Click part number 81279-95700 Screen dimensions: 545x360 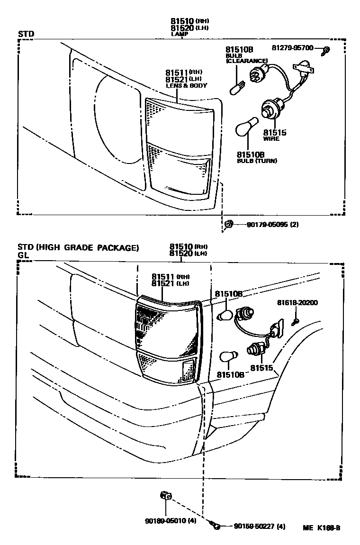292,48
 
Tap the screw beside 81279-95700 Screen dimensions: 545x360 326,50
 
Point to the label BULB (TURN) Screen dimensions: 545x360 257,161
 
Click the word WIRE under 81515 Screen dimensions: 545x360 271,139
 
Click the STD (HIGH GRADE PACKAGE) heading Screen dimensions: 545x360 78,247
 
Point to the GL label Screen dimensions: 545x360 24,255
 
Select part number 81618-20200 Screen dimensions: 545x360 297,303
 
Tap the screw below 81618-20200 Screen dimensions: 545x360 294,322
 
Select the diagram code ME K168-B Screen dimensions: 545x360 322,527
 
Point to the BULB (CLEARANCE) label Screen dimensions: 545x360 246,58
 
